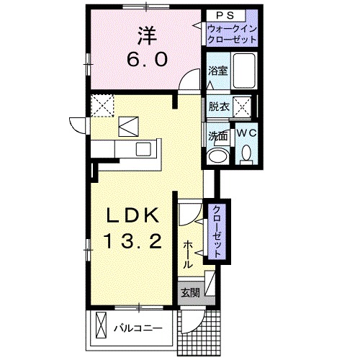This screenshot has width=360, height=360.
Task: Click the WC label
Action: click(x=245, y=134)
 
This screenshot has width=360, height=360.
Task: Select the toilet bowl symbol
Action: click(x=246, y=153)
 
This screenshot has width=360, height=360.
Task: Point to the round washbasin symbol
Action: click(x=216, y=156)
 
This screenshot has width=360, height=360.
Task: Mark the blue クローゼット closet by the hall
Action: click(x=215, y=229)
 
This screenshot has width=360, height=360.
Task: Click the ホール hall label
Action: click(x=188, y=254)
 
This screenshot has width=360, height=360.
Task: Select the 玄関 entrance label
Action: click(x=191, y=292)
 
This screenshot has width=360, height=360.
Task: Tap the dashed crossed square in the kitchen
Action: click(x=102, y=106)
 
